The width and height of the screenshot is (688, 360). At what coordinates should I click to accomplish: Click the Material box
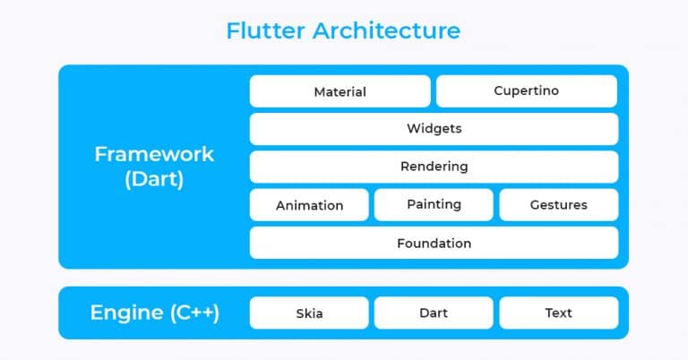point(340,91)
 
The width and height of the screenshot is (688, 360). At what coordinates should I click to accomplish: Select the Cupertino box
point(526,91)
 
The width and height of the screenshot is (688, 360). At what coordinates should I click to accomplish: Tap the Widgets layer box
point(434,129)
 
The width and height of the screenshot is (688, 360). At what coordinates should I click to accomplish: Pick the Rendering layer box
point(434,167)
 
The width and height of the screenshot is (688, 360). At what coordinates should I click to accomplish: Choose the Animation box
point(309,205)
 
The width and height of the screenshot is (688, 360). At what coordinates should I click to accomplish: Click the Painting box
point(434,204)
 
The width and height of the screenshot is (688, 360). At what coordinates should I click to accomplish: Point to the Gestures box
point(558,205)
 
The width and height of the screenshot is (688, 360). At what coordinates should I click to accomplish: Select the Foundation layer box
point(434,243)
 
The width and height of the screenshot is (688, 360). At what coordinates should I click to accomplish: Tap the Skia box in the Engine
point(309,313)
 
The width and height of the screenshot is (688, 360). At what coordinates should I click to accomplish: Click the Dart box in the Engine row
point(434,313)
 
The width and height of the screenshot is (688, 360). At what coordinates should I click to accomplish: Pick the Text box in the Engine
point(558,313)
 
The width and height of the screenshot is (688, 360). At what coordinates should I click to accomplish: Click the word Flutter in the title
point(265,31)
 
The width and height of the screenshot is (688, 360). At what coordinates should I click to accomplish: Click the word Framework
point(154,154)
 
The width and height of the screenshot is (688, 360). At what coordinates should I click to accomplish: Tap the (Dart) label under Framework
point(154,179)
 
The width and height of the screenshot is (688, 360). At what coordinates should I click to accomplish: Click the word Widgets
point(434,129)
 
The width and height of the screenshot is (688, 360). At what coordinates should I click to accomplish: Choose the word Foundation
point(434,243)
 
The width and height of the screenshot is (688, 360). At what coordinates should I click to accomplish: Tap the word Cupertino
point(526,91)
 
